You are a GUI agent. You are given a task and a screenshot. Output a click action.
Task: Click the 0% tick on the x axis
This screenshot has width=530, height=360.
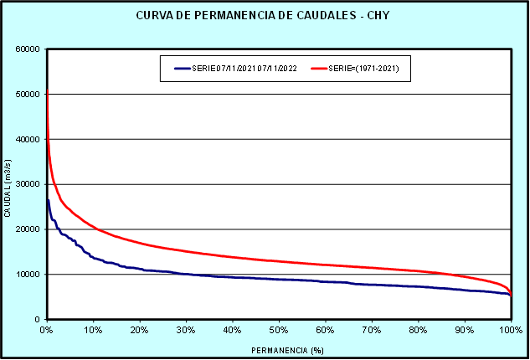[x=47, y=330]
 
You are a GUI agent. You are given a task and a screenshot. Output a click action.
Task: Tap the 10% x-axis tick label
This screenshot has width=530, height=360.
[x=93, y=330]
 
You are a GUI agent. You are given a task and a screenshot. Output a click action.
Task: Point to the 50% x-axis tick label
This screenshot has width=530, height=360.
[x=279, y=330]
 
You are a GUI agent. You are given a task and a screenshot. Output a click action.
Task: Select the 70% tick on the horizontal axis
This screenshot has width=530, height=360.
[x=372, y=330]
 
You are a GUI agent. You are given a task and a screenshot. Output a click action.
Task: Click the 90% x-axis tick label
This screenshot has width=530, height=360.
[x=465, y=330]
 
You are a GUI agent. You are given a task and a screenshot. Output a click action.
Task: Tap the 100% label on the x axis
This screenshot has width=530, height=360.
[x=510, y=330]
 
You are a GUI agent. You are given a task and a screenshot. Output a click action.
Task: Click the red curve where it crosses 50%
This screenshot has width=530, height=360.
[x=279, y=261]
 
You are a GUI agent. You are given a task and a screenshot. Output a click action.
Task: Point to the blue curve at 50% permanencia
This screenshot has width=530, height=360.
[x=279, y=279]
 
